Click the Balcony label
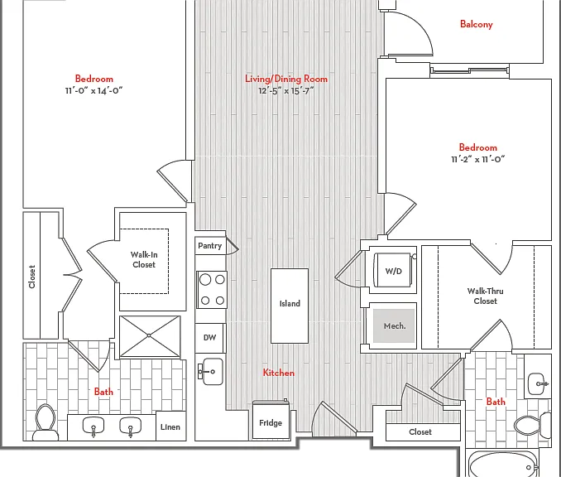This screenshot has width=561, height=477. (x=477, y=24)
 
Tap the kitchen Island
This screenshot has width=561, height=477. (x=290, y=306)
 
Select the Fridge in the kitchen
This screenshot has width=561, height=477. (x=271, y=420)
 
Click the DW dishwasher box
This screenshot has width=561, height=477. (x=210, y=338)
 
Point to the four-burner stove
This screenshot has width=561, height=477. (x=212, y=290)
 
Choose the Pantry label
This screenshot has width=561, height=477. (x=210, y=246)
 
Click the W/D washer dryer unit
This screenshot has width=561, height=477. (x=393, y=270)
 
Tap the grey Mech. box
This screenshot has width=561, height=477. (x=394, y=325)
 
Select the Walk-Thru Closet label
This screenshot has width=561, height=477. (x=485, y=296)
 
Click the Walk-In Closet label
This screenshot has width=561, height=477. (x=143, y=260)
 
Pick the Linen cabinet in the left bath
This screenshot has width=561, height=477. (x=171, y=426)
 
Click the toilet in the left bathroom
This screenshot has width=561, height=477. (x=46, y=422)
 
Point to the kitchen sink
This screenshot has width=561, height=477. (x=211, y=372)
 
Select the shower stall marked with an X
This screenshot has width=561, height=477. (x=150, y=336)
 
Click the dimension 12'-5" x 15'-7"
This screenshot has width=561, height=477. (x=285, y=91)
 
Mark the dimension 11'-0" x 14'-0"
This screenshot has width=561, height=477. (x=93, y=90)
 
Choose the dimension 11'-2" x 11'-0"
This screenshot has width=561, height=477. (x=477, y=159)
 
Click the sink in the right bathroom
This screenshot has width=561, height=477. (x=538, y=384)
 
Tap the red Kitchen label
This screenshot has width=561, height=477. (x=278, y=373)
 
